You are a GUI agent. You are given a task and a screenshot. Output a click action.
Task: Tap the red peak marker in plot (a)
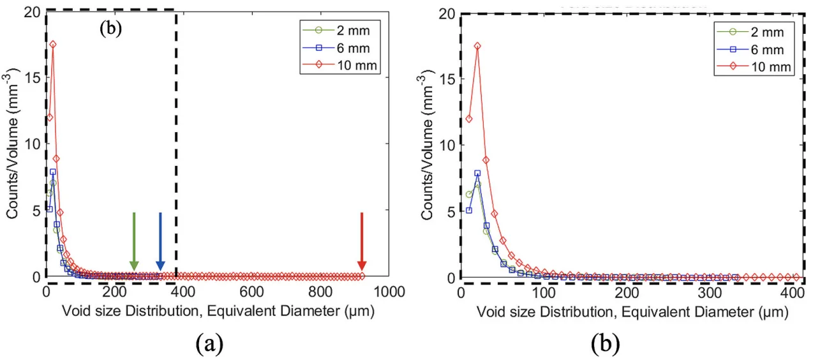(x=53, y=45)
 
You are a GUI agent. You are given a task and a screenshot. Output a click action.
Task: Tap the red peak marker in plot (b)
(x=477, y=46)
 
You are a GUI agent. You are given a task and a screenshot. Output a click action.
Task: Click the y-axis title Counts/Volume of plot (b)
(x=428, y=146)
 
